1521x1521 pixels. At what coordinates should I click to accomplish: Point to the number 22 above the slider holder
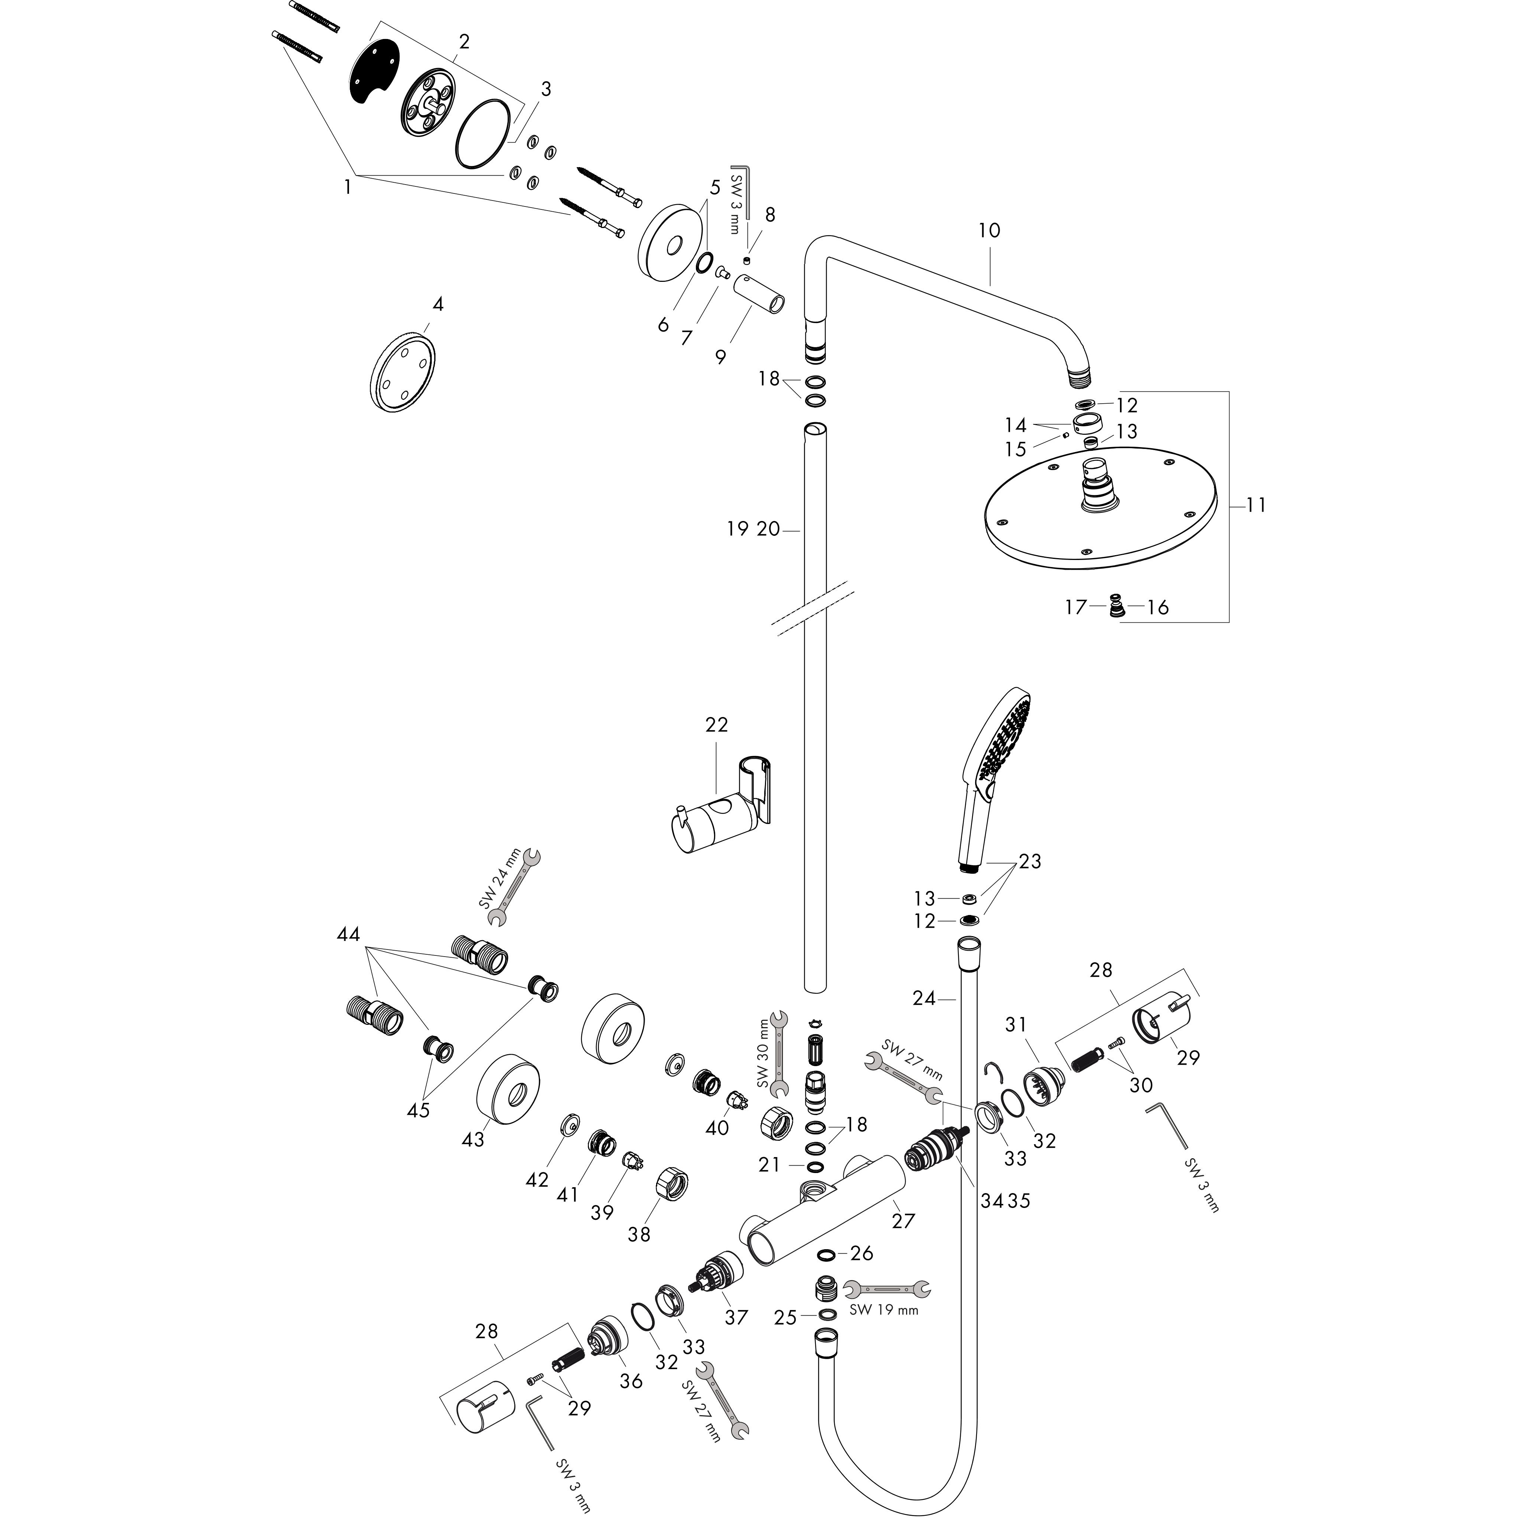click(716, 724)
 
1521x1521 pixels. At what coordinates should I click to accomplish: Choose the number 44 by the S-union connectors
click(348, 935)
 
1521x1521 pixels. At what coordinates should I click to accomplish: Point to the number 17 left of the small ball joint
click(1075, 607)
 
